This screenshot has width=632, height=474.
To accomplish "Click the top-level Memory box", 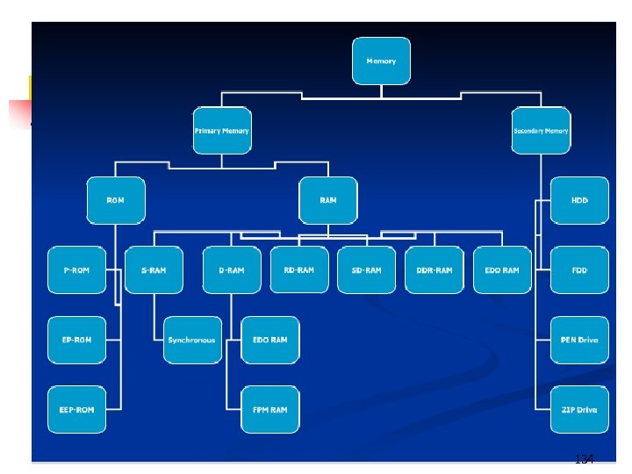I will click(381, 61).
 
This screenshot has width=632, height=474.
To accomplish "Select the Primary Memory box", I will click(222, 131).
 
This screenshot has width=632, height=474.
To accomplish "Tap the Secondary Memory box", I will click(541, 131).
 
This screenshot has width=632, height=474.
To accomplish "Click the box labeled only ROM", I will click(115, 200).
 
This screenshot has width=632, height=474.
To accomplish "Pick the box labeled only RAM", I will click(327, 200).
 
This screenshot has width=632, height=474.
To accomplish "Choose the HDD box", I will click(579, 200).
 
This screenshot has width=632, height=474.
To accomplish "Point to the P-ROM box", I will click(76, 269).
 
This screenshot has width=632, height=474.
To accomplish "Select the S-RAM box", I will click(154, 269).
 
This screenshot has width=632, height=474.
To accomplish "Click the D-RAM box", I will click(232, 269).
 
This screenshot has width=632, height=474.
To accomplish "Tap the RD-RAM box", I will click(299, 269).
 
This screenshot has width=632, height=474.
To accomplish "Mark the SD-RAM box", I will click(367, 269).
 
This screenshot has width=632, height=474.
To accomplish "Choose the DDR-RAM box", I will click(434, 269).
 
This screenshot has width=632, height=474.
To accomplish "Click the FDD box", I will click(579, 269).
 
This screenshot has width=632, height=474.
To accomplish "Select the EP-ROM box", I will click(76, 340).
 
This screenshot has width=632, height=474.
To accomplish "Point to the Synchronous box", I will click(192, 340).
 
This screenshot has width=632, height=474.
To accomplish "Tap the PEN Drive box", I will click(579, 340).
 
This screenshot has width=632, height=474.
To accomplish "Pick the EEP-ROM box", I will click(76, 409).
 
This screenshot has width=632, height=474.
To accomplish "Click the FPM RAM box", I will click(269, 409).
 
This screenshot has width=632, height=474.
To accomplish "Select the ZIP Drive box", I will click(579, 409).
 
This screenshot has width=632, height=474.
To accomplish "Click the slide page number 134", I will click(584, 459).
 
